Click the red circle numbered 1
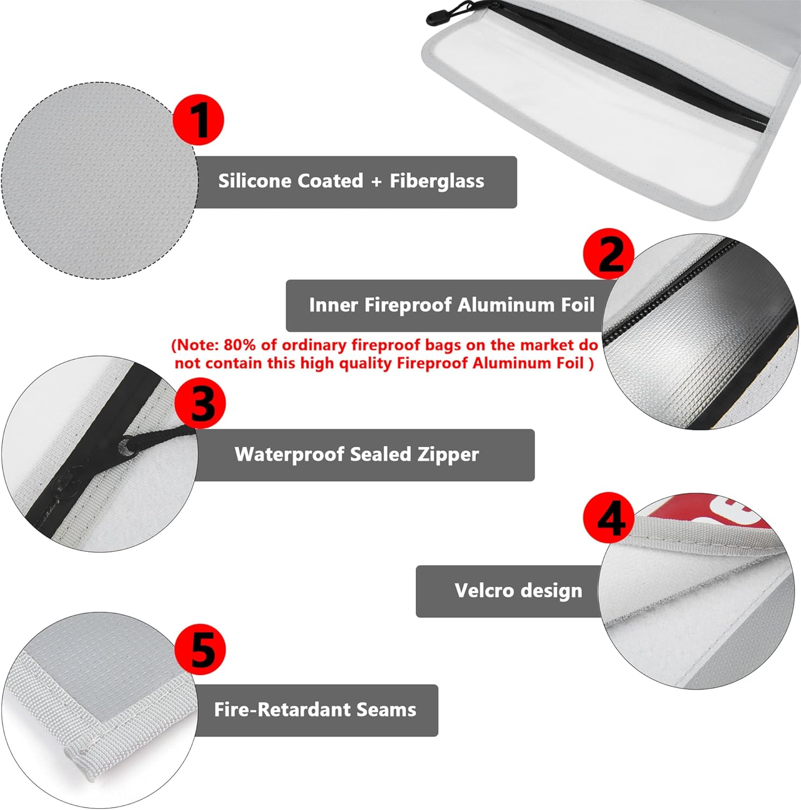coord(199,119)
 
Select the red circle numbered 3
coord(200,403)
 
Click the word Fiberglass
coord(437,181)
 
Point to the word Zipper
coord(448,455)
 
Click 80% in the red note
coord(239,345)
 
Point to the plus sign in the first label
coord(376,181)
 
